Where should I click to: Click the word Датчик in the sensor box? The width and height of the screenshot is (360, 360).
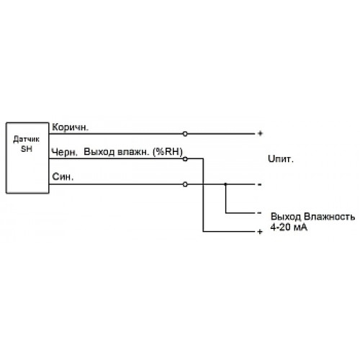click(x=26, y=139)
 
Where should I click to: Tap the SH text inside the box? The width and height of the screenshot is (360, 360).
click(x=27, y=149)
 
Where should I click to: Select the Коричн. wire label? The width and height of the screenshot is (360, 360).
click(x=71, y=127)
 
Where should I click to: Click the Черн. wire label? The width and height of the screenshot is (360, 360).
click(x=65, y=152)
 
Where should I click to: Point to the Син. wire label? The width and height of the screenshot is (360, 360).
click(x=63, y=176)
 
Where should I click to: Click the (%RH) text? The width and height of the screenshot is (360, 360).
click(x=168, y=152)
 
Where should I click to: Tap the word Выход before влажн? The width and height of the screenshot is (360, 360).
click(x=99, y=152)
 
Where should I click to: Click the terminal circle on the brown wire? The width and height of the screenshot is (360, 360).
click(x=185, y=134)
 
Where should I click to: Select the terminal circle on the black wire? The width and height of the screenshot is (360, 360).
click(x=185, y=159)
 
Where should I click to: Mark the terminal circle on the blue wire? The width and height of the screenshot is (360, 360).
click(x=185, y=184)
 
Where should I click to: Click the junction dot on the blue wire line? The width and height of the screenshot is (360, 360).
click(x=225, y=184)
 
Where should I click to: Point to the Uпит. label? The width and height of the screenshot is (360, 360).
click(x=281, y=159)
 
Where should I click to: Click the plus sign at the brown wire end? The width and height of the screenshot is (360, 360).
click(x=260, y=133)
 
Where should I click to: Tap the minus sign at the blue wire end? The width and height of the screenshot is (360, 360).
click(x=259, y=184)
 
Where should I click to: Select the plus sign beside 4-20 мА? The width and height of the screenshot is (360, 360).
click(x=260, y=232)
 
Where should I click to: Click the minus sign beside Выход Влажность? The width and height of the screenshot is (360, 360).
click(x=259, y=213)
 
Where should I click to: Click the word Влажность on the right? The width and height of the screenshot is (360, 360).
click(x=329, y=217)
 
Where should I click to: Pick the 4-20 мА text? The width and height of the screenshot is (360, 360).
click(x=289, y=227)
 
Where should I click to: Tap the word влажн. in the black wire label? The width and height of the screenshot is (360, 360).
click(x=132, y=152)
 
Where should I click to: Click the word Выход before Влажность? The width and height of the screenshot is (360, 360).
click(x=286, y=217)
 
